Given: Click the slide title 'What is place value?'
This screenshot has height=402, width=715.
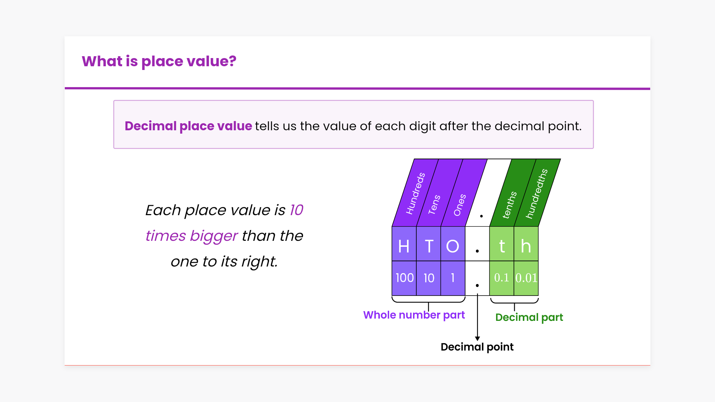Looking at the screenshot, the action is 159,61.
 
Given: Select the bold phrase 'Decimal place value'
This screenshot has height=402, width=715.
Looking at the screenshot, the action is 188,126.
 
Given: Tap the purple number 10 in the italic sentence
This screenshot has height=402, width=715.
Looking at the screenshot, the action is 296,210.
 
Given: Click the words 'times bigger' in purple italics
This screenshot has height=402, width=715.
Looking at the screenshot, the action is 191,236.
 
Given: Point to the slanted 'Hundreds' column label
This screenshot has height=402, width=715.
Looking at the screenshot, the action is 415,194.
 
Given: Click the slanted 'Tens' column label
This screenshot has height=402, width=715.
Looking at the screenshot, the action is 434,205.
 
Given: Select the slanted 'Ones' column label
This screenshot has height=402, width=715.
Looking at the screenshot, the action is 460,205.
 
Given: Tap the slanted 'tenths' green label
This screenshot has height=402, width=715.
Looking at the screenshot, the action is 509,205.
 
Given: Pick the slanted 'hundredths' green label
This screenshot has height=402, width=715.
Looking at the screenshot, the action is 537,194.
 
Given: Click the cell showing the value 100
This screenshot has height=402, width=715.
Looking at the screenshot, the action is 404,278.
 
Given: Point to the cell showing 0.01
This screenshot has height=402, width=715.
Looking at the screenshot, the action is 526,278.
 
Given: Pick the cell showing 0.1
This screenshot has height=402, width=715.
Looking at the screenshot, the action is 502,278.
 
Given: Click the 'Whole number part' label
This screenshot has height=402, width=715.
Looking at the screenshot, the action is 414,315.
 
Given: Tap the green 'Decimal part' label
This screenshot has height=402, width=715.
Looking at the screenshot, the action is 529,318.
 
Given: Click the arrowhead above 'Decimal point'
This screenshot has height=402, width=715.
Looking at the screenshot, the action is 477,338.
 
